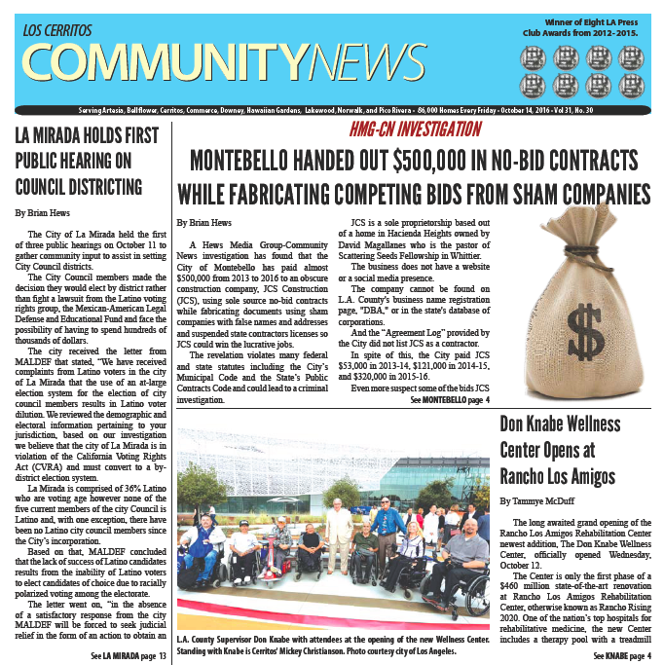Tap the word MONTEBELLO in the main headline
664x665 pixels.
coord(250,160)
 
